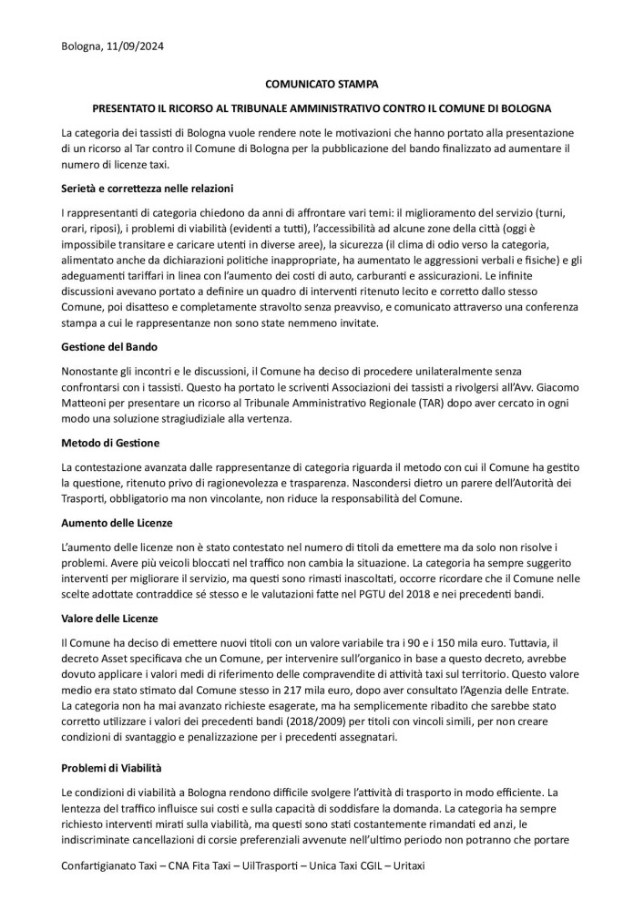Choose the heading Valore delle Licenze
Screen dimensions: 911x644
point(110,617)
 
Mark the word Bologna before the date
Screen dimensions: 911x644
point(85,45)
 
